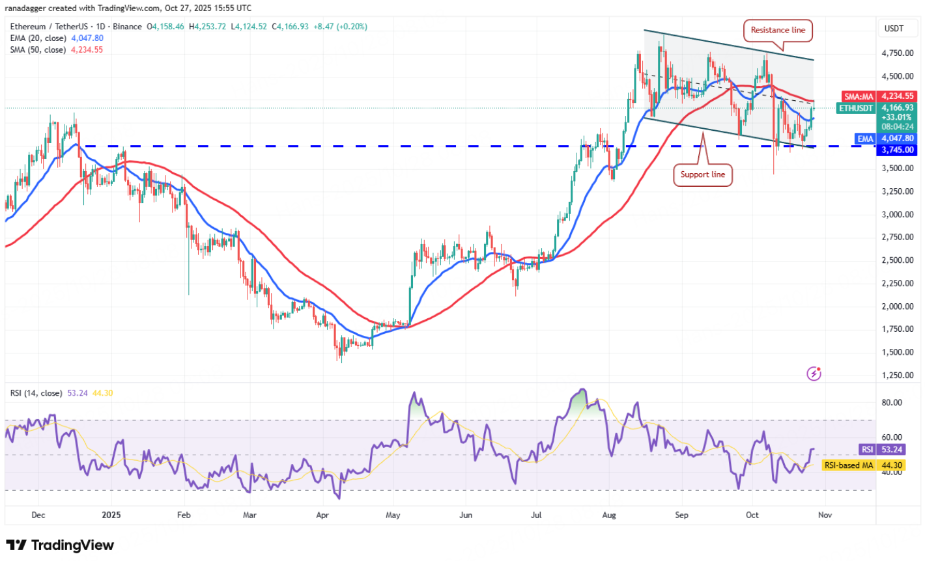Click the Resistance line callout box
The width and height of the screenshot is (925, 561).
[778, 30]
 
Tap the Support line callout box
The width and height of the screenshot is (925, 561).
[702, 174]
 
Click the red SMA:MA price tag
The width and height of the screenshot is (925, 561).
[858, 96]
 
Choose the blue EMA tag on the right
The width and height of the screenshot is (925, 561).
[865, 139]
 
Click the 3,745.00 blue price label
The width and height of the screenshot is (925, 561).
[898, 150]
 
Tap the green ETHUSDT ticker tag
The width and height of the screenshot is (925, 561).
[856, 108]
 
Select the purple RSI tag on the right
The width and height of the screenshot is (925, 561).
[867, 450]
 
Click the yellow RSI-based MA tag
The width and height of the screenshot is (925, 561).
[849, 465]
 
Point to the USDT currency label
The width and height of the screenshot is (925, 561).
[894, 29]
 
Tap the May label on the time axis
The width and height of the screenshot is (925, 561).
[392, 515]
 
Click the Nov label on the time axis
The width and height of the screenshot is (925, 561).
[825, 515]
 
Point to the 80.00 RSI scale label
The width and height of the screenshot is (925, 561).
[892, 402]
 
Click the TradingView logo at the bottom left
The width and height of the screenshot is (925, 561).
[60, 545]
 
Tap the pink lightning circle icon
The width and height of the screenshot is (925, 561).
[814, 374]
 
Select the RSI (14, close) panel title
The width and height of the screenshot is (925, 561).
[36, 393]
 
